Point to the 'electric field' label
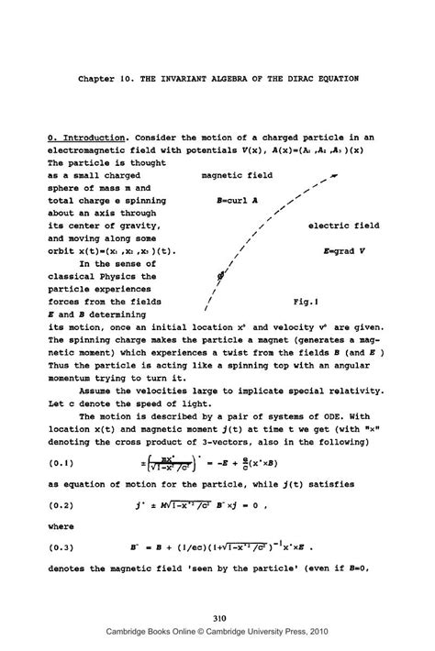coord(345,225)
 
